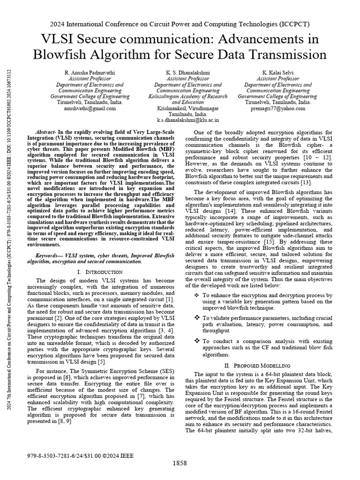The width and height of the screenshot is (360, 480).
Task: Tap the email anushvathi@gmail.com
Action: tap(90, 108)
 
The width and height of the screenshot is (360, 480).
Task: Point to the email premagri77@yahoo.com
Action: tap(274, 108)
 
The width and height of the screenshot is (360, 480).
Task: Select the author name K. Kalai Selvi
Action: tap(274, 73)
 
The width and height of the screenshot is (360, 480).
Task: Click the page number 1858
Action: tap(180, 463)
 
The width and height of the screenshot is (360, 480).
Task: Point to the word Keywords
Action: tap(49, 255)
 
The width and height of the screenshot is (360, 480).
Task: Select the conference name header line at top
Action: tap(180, 24)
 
